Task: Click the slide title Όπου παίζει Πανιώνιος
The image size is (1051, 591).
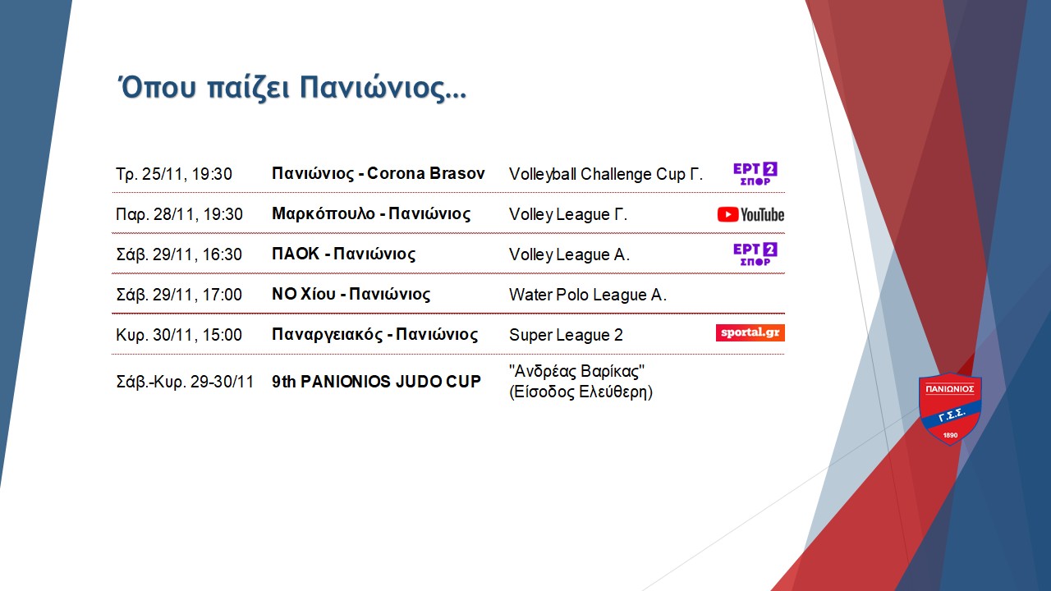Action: click(291, 88)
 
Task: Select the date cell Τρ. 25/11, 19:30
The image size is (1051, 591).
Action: click(174, 174)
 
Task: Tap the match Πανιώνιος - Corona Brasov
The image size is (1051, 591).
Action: click(379, 173)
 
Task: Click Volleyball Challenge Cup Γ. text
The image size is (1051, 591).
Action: click(606, 174)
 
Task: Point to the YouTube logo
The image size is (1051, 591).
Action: click(750, 214)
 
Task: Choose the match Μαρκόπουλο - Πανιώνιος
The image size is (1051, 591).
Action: click(371, 214)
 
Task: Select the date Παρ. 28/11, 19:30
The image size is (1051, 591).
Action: click(179, 214)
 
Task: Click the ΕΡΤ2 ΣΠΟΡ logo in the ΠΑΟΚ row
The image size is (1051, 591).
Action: click(755, 254)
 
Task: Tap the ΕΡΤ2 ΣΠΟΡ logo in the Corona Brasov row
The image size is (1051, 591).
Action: click(755, 174)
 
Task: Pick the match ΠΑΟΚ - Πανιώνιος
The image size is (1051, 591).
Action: click(343, 254)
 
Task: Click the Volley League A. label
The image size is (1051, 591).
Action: click(569, 254)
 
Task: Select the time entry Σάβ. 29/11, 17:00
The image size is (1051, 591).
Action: click(179, 295)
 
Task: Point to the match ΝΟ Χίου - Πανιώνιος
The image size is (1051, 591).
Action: click(351, 294)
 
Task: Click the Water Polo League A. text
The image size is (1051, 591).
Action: click(587, 295)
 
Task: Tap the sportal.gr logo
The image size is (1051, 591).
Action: click(750, 333)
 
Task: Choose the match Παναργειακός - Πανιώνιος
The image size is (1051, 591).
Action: click(375, 334)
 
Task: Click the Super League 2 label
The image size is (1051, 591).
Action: click(566, 335)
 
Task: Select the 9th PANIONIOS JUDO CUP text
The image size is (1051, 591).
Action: click(376, 382)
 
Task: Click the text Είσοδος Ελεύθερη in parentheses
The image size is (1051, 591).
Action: click(581, 392)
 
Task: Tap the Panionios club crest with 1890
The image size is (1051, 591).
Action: click(950, 408)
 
